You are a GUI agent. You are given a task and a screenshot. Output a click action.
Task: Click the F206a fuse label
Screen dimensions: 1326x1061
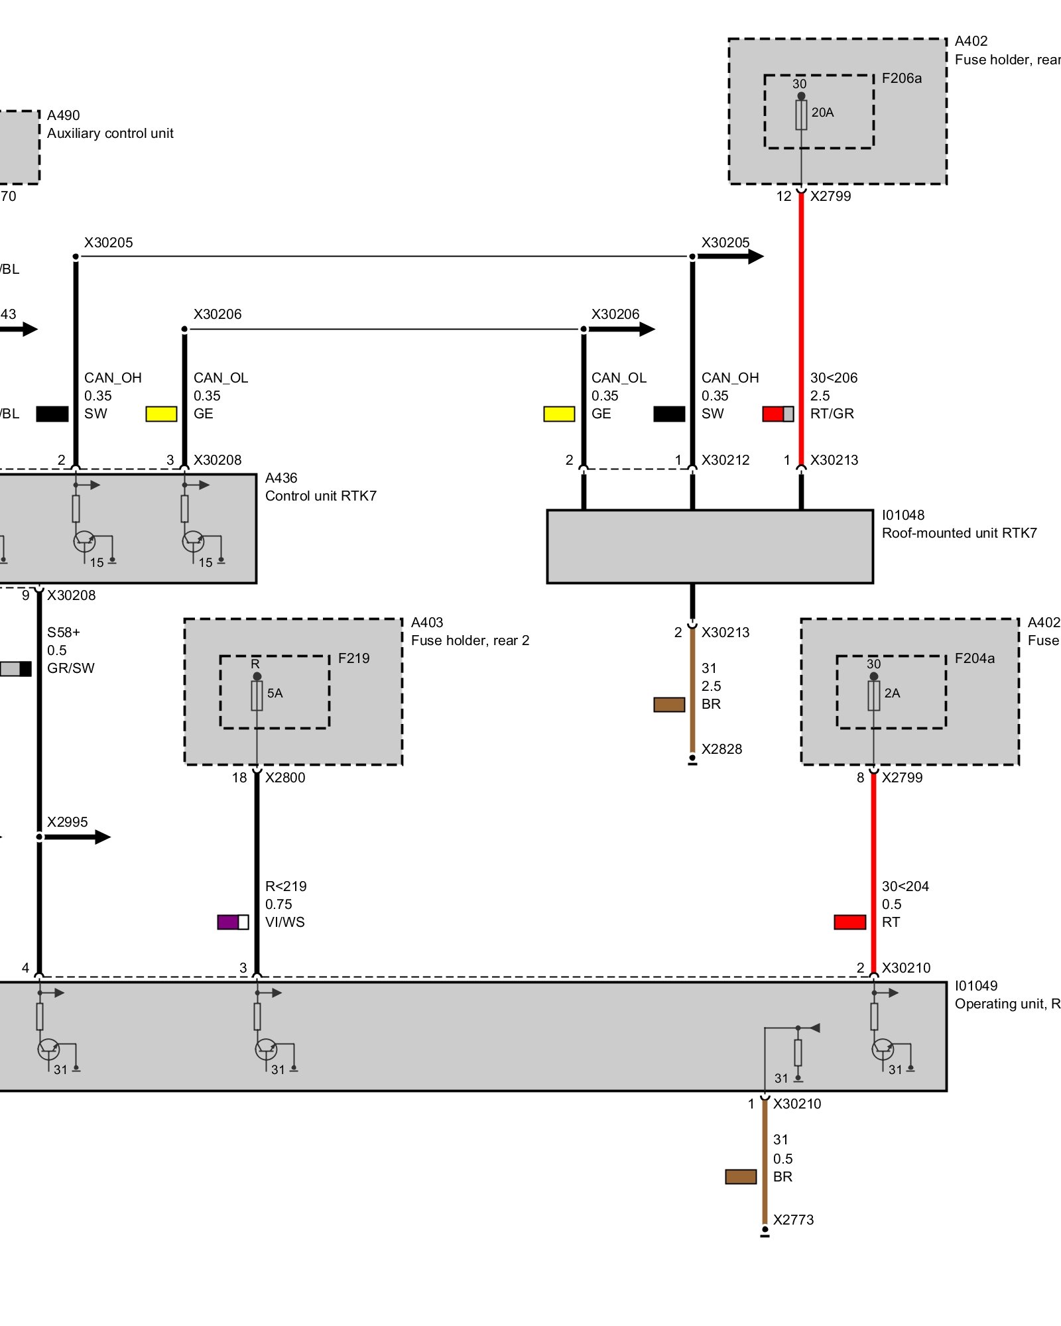901,78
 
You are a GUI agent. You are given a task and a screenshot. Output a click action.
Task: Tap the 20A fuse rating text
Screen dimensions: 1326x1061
822,113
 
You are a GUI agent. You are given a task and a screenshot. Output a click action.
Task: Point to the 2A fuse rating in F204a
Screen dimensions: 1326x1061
892,693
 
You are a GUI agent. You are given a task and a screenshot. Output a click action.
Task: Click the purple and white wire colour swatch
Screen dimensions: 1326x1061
233,922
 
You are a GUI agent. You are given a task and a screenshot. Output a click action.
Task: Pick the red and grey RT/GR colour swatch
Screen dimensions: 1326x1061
778,414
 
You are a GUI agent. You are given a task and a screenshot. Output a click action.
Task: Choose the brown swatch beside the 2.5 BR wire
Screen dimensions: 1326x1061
669,705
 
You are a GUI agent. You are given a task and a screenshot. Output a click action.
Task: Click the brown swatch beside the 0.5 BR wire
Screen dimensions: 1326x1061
741,1177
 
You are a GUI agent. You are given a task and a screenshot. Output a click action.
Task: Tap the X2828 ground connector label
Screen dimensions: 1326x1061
721,749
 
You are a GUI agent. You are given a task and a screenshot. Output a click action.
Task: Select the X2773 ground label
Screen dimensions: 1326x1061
793,1220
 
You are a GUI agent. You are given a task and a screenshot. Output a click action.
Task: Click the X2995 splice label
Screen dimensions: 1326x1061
67,822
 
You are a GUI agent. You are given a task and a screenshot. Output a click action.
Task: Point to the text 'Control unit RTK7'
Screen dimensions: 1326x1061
320,496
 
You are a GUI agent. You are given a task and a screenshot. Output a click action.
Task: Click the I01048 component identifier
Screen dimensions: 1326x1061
903,515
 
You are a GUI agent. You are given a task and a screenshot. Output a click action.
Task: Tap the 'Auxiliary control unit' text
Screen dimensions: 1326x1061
110,133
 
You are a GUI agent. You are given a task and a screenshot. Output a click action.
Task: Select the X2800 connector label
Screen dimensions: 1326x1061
285,778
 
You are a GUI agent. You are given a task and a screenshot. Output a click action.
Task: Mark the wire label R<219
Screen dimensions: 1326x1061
286,886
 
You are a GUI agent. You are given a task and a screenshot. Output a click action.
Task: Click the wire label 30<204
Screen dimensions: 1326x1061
905,886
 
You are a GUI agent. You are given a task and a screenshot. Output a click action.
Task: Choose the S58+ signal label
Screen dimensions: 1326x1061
63,633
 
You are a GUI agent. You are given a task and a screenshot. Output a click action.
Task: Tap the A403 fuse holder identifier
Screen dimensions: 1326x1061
427,623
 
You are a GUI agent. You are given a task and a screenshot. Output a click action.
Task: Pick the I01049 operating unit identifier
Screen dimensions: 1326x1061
976,986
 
